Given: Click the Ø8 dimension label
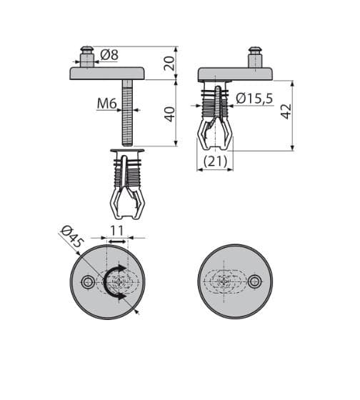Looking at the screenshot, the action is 109,56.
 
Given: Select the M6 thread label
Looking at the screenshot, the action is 107,104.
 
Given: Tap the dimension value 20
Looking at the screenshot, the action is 169,64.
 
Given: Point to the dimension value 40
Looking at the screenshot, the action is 170,114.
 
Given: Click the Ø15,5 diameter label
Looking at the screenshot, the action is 254,99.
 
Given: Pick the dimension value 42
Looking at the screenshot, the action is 286,111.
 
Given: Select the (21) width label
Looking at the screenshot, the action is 215,161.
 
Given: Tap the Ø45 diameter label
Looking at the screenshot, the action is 72,238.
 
